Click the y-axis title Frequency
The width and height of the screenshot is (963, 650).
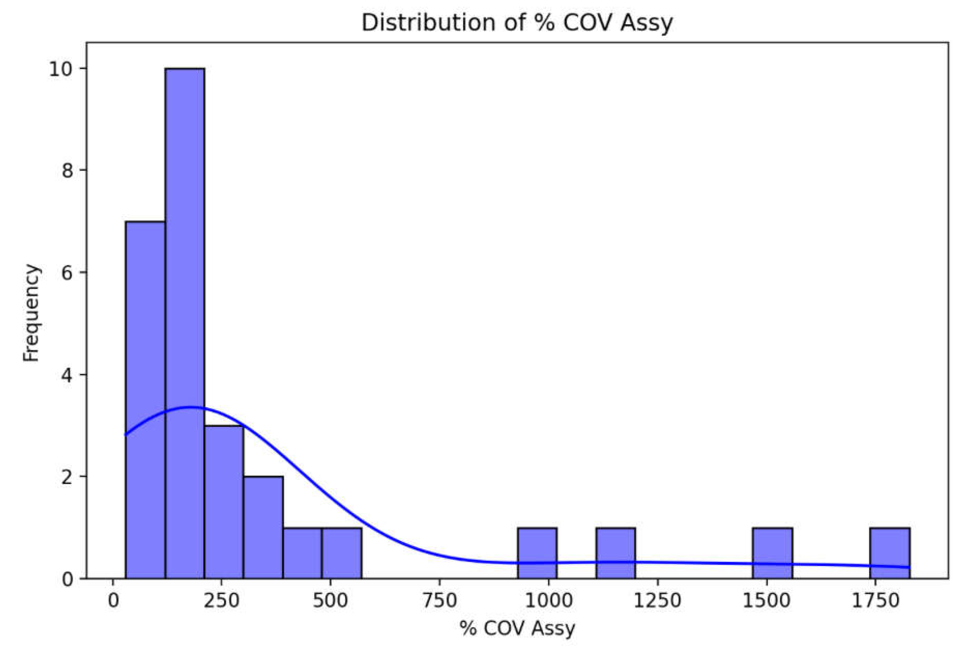(31, 313)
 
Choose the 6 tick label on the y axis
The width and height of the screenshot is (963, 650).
(67, 272)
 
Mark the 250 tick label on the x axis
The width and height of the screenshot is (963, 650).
(221, 601)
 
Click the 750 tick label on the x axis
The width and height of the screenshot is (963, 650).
(439, 601)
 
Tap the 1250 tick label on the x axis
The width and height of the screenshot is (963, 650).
(657, 601)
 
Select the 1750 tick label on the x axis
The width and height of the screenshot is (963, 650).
(874, 601)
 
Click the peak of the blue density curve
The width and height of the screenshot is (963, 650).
(190, 407)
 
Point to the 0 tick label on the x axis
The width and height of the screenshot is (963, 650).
(113, 601)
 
